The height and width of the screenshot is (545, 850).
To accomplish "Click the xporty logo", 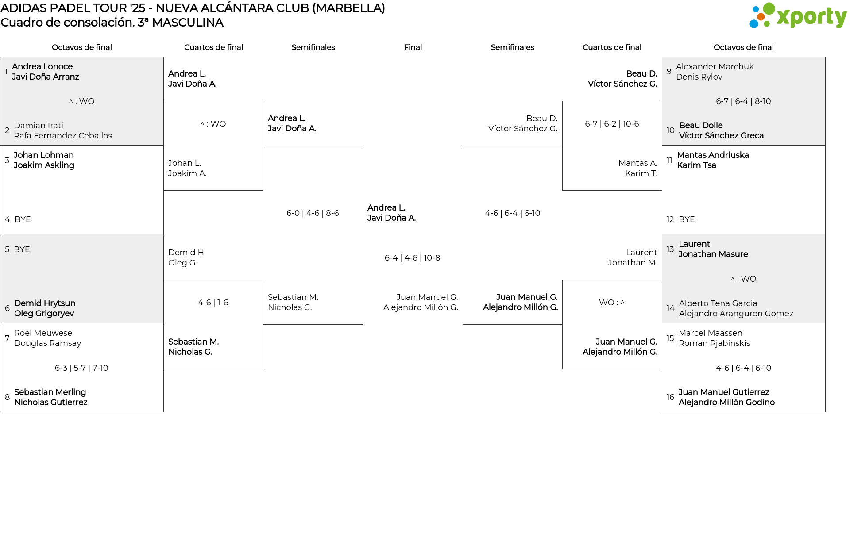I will [798, 16].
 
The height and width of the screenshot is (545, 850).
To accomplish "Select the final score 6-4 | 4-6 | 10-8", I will [412, 258].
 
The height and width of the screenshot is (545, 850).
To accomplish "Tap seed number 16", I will [670, 397].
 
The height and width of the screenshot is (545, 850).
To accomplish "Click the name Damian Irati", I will [39, 126].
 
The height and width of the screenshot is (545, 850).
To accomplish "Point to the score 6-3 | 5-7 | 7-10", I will [81, 368].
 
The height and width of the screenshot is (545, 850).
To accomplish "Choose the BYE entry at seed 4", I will [23, 219].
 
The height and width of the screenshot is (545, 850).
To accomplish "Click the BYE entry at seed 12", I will [687, 219].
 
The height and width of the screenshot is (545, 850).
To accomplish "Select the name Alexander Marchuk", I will [715, 67].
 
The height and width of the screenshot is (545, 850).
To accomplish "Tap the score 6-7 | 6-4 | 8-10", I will [743, 101].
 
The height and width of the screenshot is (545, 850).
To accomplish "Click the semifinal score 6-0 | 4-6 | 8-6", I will [313, 213].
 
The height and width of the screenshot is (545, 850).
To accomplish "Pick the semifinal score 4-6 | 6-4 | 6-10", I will [512, 213].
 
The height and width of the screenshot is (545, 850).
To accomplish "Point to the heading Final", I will [413, 47].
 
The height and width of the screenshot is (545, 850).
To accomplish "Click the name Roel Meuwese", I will [43, 333].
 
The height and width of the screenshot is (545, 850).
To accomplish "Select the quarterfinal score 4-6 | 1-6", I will [213, 303].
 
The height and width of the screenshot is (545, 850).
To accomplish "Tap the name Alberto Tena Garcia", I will [718, 303].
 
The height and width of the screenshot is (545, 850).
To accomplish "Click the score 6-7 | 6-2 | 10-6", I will [612, 124].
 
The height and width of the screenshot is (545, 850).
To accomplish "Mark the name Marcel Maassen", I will [710, 333].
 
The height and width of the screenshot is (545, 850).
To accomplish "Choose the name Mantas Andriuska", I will [713, 155].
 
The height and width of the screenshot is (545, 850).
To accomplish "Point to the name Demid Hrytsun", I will [45, 303].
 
